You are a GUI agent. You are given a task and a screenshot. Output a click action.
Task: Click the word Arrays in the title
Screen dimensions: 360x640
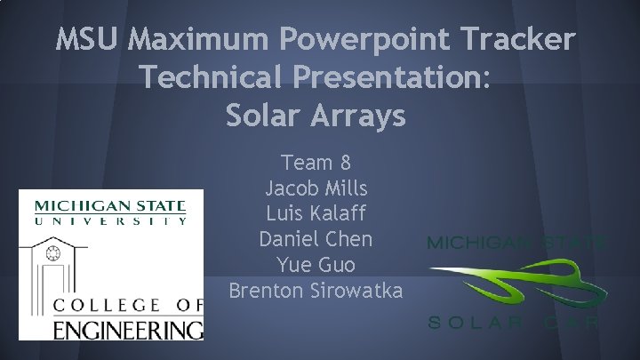358,116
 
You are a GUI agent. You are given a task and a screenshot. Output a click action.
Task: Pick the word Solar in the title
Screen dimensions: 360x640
263,116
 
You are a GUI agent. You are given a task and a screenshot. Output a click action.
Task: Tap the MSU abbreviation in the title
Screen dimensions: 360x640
87,40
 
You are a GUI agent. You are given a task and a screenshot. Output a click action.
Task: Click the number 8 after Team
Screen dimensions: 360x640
345,164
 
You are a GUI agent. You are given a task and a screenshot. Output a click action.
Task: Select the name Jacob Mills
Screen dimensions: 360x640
316,188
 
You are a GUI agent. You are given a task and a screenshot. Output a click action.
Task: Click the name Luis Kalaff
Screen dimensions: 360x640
316,214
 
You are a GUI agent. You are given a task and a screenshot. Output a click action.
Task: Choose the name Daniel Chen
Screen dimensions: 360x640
316,240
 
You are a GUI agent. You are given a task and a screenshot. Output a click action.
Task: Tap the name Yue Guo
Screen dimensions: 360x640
316,265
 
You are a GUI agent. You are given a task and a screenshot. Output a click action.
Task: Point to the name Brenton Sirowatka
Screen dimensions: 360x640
316,291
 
